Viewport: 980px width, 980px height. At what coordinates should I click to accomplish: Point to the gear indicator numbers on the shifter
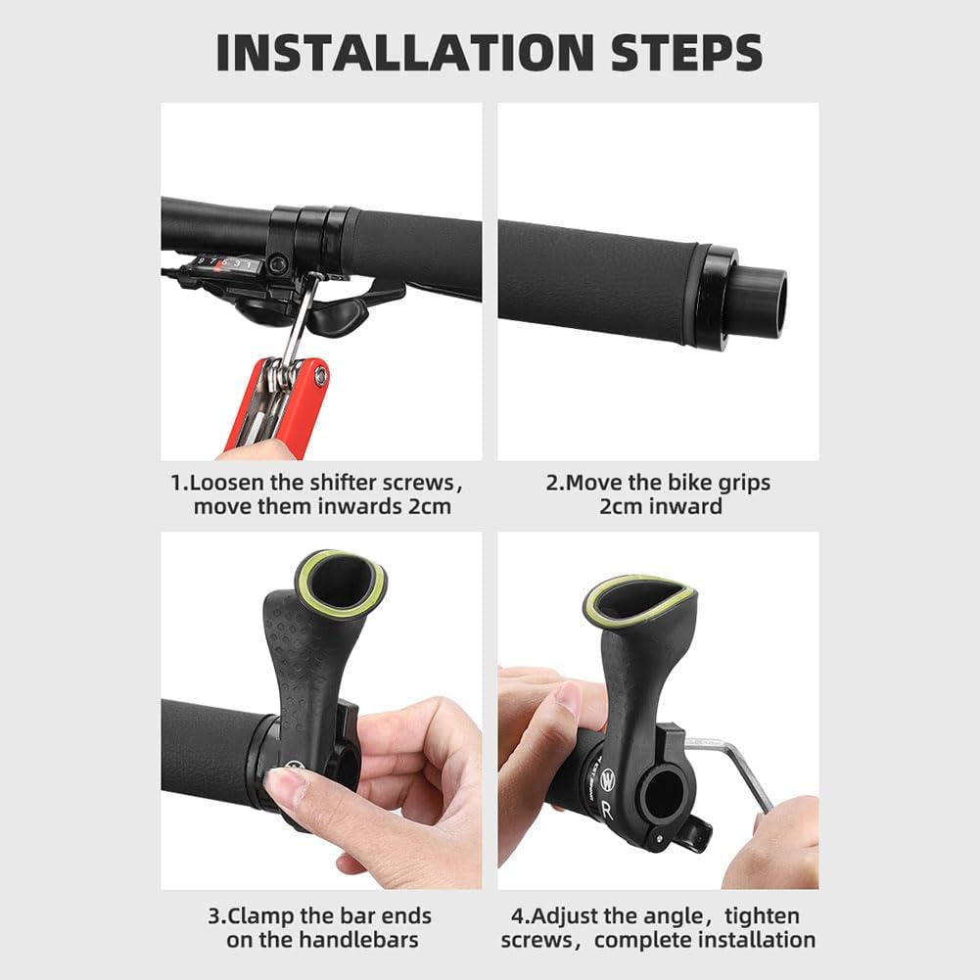pos(226,263)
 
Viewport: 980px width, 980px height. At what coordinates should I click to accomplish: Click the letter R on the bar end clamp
pos(608,810)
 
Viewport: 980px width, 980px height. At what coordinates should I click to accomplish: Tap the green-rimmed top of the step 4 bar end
pos(637,598)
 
